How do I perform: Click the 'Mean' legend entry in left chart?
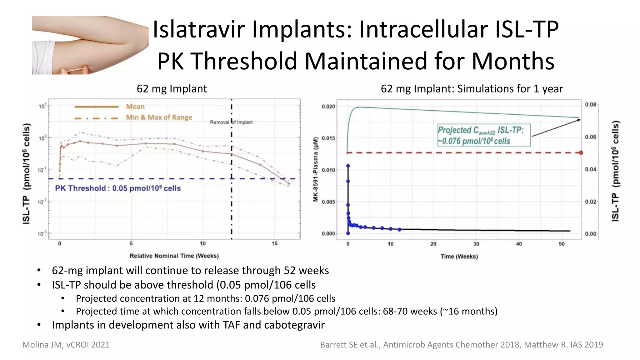pos(135,107)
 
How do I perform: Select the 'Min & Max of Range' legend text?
pos(159,117)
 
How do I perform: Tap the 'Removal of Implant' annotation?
pos(231,122)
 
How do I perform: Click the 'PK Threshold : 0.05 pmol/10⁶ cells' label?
pos(118,188)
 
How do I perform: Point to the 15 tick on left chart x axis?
pos(274,243)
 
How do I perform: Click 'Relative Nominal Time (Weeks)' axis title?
pos(174,256)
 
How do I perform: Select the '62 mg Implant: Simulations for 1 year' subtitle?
pos(472,89)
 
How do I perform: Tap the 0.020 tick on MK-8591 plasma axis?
pos(328,107)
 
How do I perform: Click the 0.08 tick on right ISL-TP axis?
pos(591,104)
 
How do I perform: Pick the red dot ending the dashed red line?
pos(581,153)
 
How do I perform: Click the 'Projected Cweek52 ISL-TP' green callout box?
pos(483,136)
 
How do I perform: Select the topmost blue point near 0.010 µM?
pos(348,166)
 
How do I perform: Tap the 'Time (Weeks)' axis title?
pos(459,257)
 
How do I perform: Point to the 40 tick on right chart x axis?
pos(519,244)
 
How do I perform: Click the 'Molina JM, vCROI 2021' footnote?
pos(66,345)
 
